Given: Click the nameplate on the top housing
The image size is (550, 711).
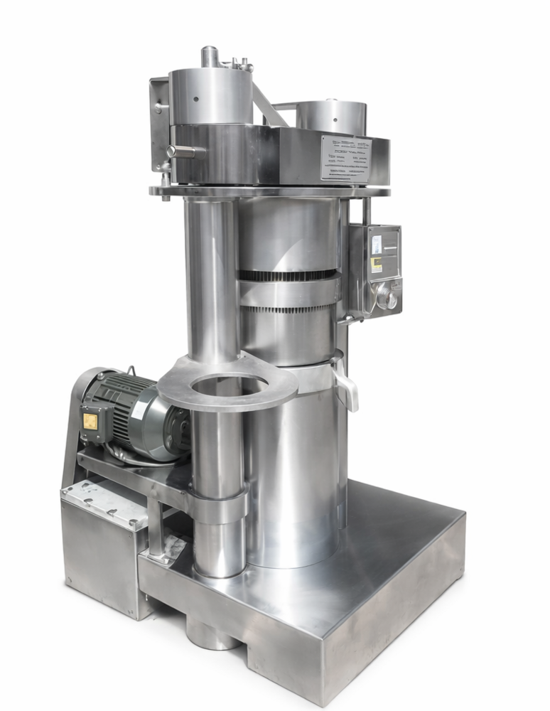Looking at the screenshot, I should tap(345, 158).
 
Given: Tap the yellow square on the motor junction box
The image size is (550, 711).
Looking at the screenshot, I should tap(90, 422).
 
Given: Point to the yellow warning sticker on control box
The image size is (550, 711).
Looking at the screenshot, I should tap(376, 264).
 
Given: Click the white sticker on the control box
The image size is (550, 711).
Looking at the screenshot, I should tap(377, 244).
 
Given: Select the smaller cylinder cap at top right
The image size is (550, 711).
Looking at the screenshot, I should tap(330, 116).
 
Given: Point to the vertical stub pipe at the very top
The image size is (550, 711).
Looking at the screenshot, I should tap(210, 56).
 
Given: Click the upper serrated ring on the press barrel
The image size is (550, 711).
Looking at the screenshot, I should tap(288, 274).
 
